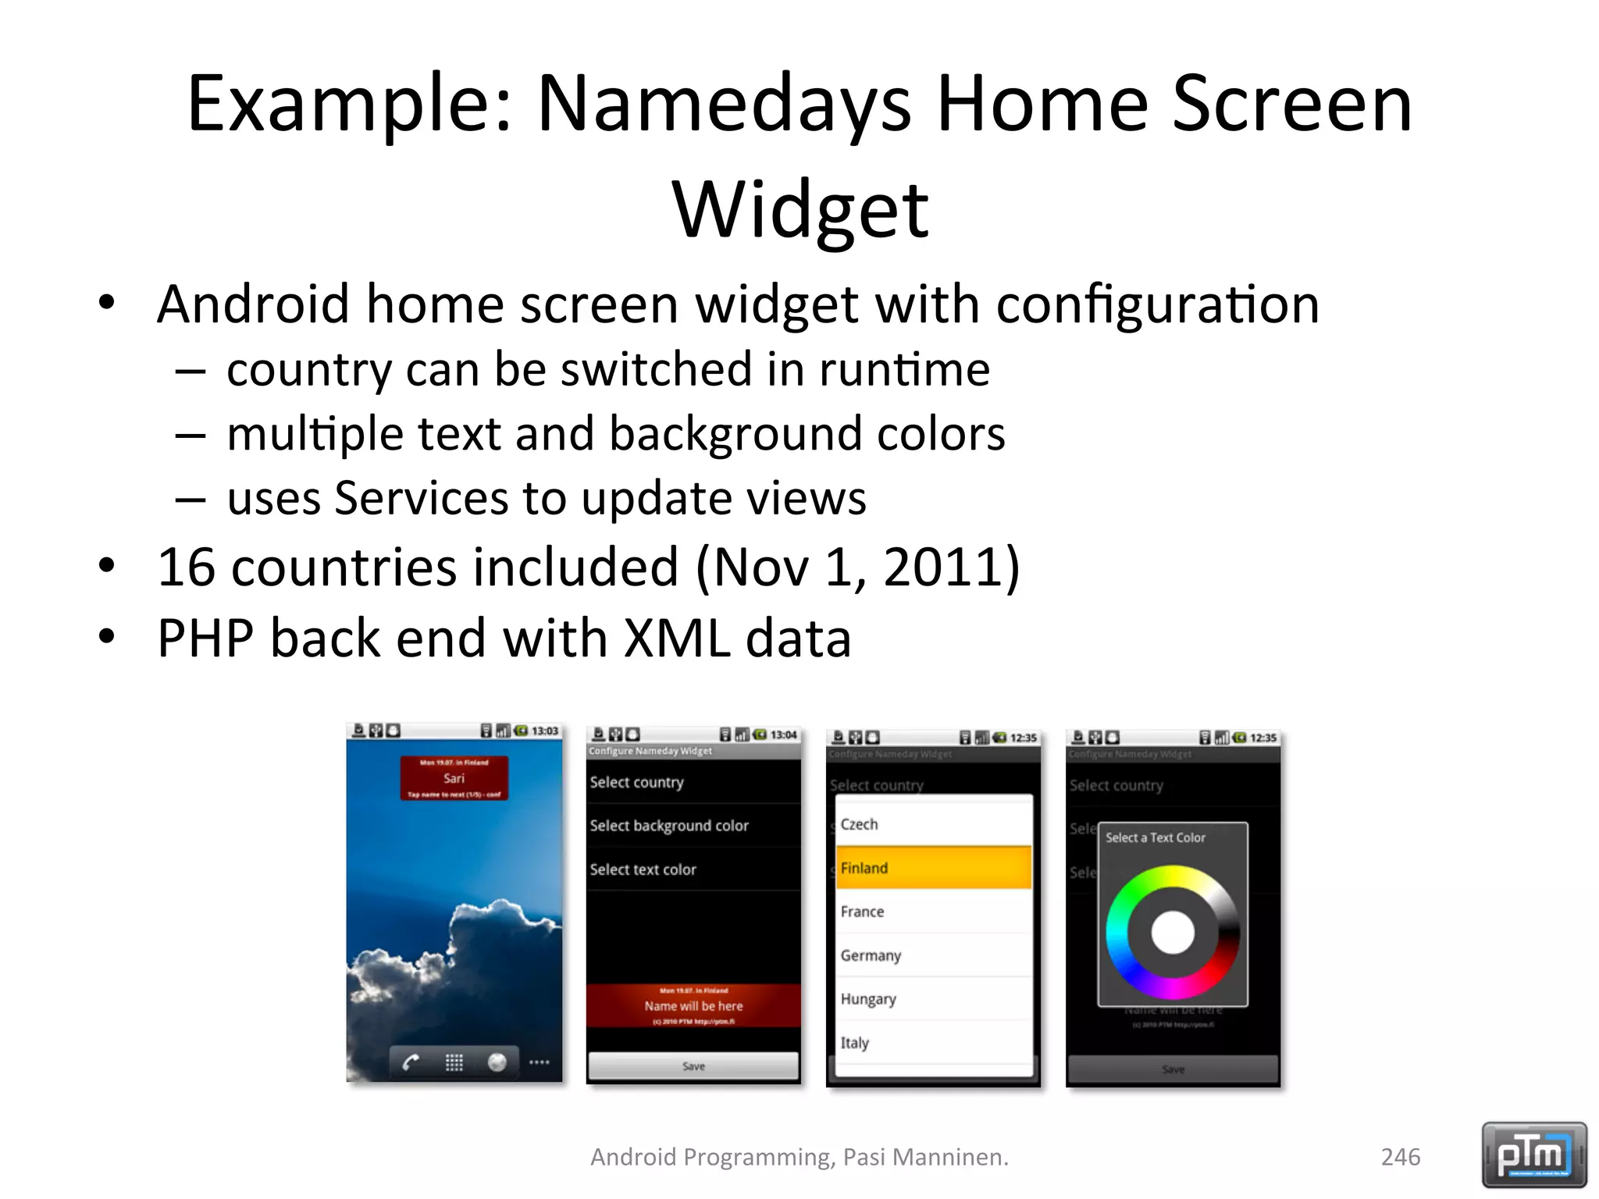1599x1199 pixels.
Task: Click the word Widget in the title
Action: point(800,209)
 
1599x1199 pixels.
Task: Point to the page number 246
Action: point(1401,1156)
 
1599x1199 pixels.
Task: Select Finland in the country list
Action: point(933,868)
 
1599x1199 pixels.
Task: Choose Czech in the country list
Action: point(933,824)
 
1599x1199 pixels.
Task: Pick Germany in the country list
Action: point(933,955)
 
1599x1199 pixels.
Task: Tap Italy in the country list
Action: point(933,1043)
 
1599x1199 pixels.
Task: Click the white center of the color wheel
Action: point(1172,932)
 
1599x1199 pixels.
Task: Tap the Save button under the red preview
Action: point(693,1066)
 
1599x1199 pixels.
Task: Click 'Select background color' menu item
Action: point(669,826)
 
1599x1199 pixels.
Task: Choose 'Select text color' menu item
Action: point(643,870)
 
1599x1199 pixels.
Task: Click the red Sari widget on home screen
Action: point(454,777)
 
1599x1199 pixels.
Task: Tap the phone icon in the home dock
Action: point(411,1062)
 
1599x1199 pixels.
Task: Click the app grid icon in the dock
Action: point(454,1062)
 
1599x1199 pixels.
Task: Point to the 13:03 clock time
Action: point(545,731)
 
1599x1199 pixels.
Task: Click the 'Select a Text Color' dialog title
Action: point(1155,838)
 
